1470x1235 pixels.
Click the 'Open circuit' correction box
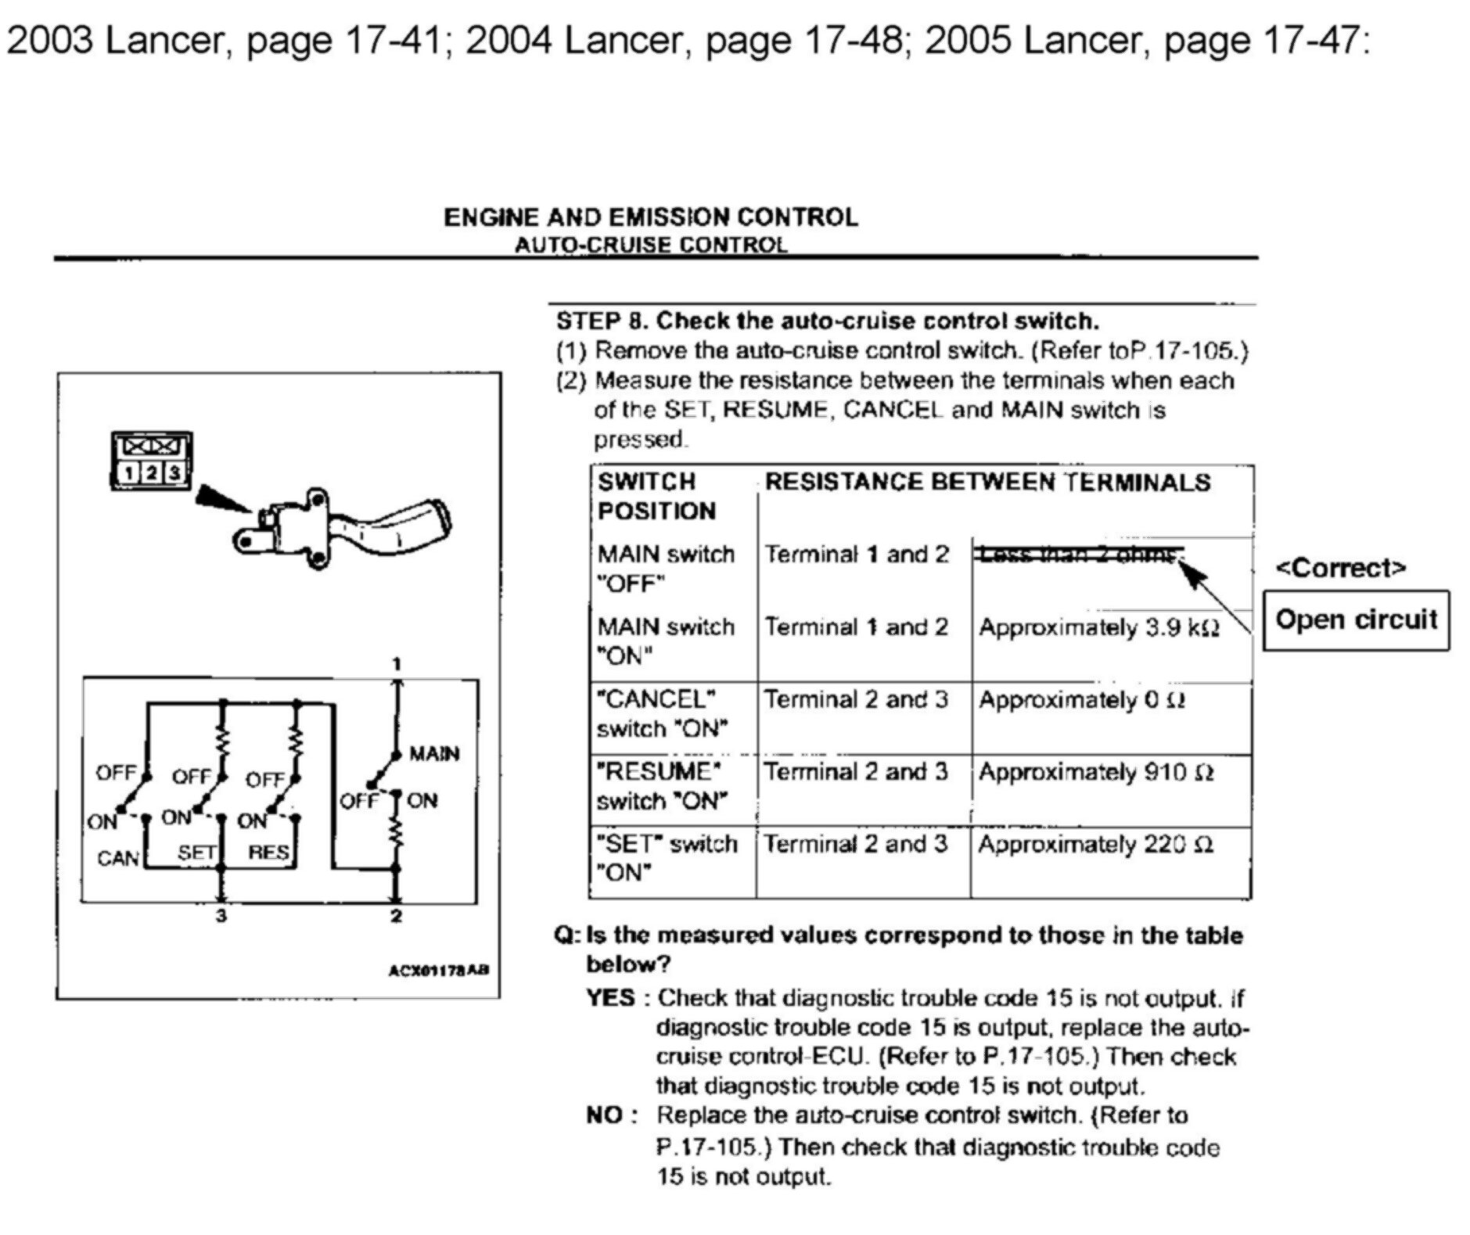tap(1356, 620)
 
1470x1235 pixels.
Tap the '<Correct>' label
tap(1340, 568)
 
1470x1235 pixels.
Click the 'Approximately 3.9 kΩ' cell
tap(1099, 628)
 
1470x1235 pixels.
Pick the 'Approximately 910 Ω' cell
tap(1096, 773)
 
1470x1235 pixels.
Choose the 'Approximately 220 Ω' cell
tap(1095, 845)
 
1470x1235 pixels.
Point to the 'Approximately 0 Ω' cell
tap(1082, 700)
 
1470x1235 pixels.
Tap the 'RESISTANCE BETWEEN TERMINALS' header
tap(987, 482)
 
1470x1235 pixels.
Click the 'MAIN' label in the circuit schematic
tap(434, 754)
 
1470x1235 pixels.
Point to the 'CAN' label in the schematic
tap(117, 858)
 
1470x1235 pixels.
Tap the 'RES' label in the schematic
tap(268, 852)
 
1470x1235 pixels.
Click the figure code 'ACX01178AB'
tap(439, 971)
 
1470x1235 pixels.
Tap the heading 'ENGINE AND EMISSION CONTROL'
tap(650, 217)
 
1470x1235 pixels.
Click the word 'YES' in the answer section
tap(610, 998)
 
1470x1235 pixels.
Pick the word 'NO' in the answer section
tap(605, 1115)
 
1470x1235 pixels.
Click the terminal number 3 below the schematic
tap(221, 915)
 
